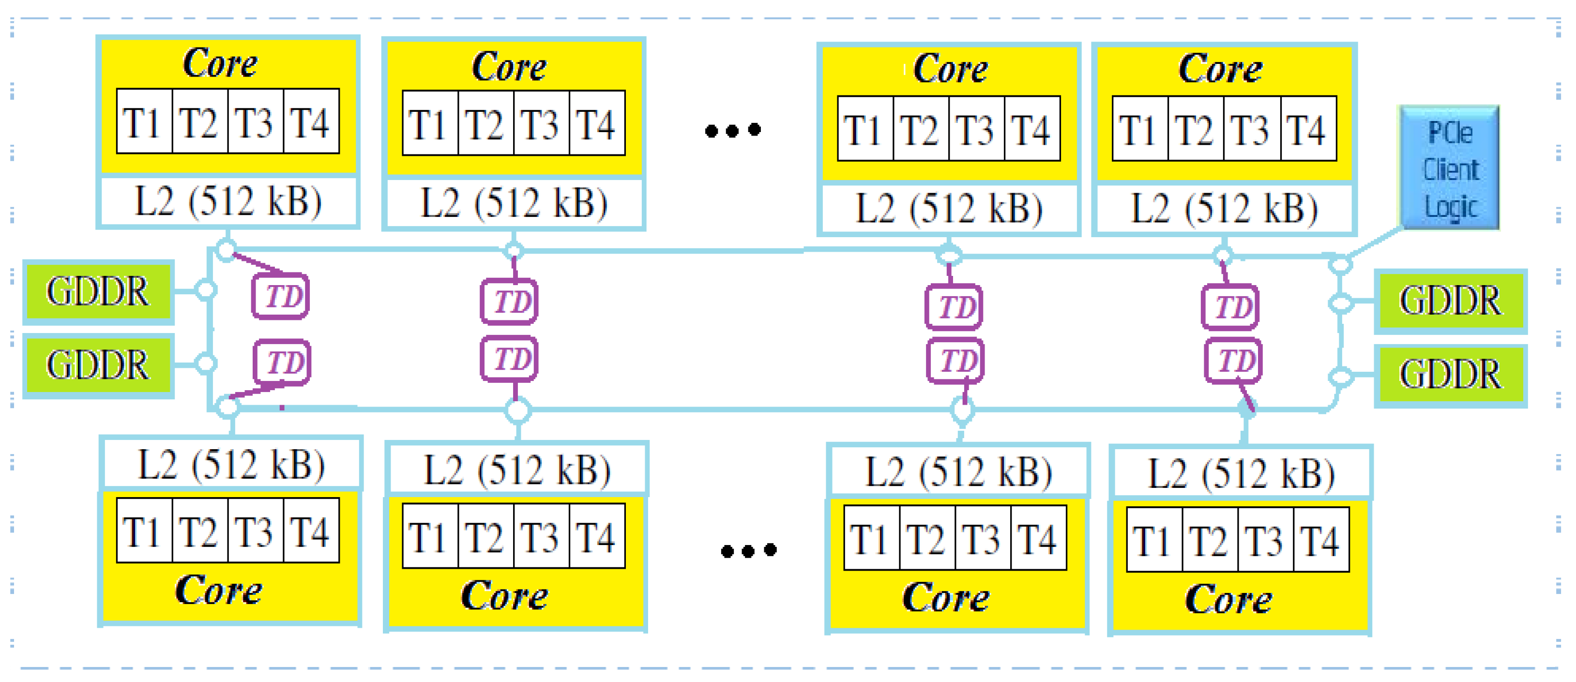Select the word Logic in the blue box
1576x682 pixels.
[x=1451, y=207]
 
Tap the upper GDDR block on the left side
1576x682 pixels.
[x=98, y=291]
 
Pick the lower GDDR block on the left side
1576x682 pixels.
[x=98, y=365]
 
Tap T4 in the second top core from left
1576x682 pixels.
[x=596, y=125]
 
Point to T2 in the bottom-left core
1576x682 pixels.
[x=199, y=531]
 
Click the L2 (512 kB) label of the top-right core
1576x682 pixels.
[x=1224, y=208]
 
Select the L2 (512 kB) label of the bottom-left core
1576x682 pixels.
[x=231, y=465]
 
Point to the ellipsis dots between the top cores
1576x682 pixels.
[x=732, y=130]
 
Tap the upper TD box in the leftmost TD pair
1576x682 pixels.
[x=281, y=297]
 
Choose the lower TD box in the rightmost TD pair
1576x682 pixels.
[x=1233, y=361]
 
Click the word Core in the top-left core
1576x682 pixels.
[x=220, y=63]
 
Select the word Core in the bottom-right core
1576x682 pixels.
[x=1228, y=599]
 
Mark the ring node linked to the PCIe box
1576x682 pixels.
[x=1340, y=264]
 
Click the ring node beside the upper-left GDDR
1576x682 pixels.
[x=206, y=290]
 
